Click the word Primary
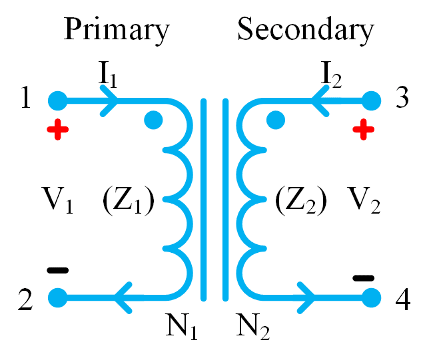click(x=116, y=30)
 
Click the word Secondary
click(x=306, y=30)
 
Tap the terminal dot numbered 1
click(x=57, y=101)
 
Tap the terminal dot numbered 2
click(x=57, y=296)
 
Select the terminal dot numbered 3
click(x=371, y=101)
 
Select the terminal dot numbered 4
click(x=371, y=296)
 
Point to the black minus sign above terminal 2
click(x=57, y=270)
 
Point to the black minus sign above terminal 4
click(x=363, y=277)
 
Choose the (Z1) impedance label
click(x=129, y=200)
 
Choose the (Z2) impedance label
click(x=300, y=200)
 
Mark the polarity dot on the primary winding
click(x=154, y=120)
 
